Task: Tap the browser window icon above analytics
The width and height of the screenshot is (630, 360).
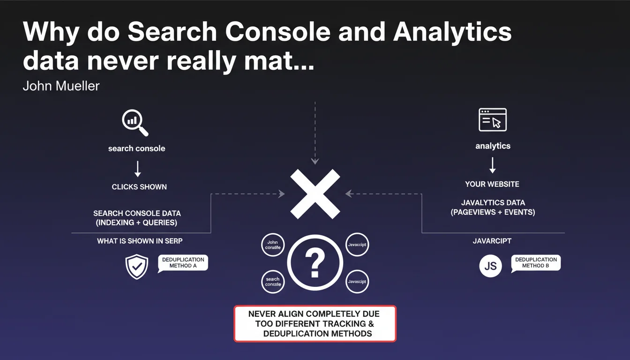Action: (492, 120)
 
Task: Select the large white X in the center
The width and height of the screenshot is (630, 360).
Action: (315, 194)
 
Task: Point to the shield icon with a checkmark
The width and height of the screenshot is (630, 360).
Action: (137, 267)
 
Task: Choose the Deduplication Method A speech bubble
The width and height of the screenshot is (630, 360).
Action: (183, 263)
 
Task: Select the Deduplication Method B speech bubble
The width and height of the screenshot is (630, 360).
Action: (536, 263)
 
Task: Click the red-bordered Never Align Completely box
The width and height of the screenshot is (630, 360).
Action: (315, 323)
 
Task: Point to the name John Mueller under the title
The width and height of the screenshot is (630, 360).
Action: (61, 86)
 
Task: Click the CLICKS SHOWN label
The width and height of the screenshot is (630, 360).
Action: (139, 187)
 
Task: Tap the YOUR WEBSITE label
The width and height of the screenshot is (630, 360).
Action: (492, 184)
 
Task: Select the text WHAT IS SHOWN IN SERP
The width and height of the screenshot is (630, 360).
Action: (140, 241)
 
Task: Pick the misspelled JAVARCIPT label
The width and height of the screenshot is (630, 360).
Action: (492, 241)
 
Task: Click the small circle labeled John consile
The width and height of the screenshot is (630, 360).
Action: (273, 245)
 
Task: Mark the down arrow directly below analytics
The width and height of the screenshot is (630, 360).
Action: (492, 165)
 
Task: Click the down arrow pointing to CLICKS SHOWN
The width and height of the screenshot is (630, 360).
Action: (137, 168)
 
